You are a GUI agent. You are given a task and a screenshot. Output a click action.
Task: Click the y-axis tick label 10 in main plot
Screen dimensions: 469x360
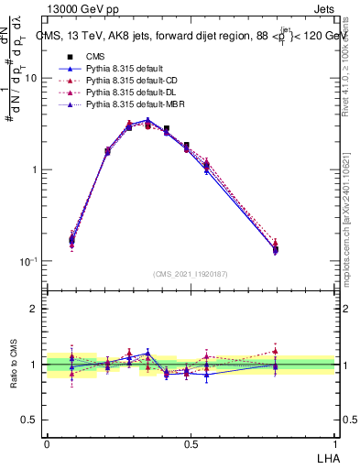(30, 79)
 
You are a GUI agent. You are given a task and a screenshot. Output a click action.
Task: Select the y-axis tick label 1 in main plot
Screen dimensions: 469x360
(34, 170)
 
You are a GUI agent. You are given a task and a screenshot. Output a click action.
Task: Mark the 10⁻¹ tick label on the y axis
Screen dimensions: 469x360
(28, 261)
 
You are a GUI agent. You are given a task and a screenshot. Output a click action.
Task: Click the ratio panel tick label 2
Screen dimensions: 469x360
(34, 310)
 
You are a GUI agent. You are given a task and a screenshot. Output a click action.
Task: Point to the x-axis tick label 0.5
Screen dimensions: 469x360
(191, 442)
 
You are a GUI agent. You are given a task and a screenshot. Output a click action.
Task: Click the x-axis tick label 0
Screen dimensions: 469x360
(47, 442)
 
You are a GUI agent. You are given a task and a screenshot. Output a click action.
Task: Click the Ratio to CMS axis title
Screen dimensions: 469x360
(13, 365)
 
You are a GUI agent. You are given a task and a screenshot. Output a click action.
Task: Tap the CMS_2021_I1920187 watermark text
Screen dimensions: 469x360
(190, 273)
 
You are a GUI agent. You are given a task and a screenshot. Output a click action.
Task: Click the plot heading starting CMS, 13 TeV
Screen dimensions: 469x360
(190, 36)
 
